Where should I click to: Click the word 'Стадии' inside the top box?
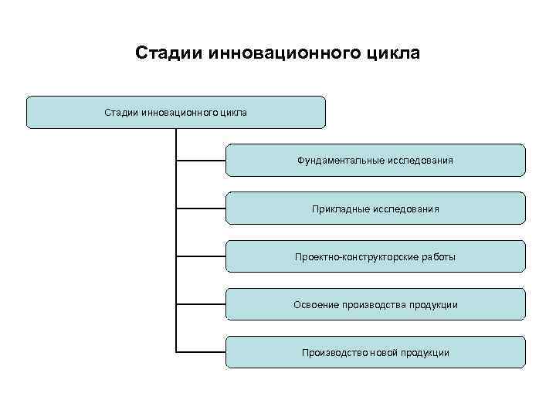pos(121,113)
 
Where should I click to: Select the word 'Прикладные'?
pos(339,208)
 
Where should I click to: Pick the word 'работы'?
pos(439,256)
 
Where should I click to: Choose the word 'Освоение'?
pos(314,304)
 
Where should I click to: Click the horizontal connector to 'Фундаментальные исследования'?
pos(201,161)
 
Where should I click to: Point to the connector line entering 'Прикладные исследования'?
pos(201,208)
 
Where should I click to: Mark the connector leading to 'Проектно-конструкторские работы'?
pos(201,256)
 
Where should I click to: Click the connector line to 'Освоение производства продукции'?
pos(201,304)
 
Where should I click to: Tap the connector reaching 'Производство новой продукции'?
pos(201,352)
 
